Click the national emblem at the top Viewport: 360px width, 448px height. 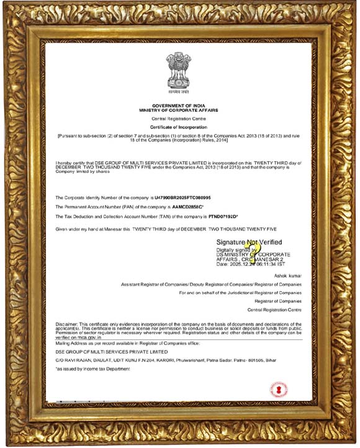178,72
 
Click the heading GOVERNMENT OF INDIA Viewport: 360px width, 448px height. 178,106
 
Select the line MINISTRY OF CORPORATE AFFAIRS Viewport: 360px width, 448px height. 178,110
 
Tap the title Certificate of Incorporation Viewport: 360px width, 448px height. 178,126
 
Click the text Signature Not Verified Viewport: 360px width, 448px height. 249,242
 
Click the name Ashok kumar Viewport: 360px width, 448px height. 287,275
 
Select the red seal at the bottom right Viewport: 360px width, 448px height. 279,390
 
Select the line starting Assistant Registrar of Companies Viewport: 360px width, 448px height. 211,284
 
